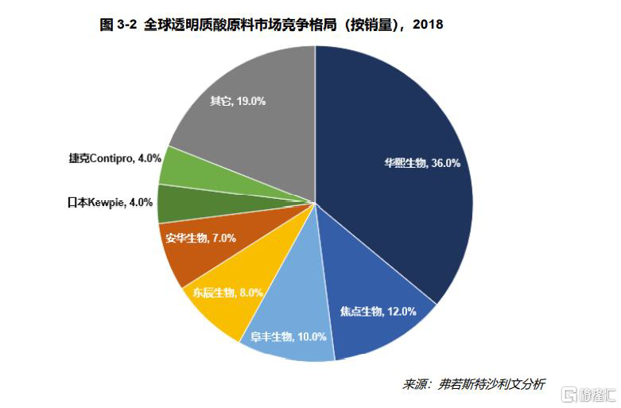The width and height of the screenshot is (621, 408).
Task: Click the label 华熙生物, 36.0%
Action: tap(421, 164)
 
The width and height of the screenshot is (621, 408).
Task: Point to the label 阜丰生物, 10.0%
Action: tap(288, 336)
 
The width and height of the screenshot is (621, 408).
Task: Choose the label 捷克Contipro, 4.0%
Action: tap(114, 157)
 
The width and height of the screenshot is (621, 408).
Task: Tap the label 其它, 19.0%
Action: tap(237, 101)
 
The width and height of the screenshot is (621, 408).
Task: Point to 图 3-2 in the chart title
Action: tap(118, 25)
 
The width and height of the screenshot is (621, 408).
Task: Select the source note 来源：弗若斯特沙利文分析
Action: tap(473, 383)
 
